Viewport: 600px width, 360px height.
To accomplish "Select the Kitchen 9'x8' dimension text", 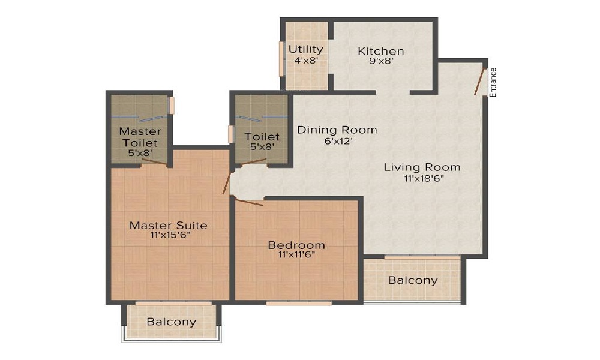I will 380,61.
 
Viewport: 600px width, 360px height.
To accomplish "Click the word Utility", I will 305,49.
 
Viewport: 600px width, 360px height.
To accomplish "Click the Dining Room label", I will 337,130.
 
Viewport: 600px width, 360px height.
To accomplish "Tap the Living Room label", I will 422,167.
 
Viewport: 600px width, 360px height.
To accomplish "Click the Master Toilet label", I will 140,137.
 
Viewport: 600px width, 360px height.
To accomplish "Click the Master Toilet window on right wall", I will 171,105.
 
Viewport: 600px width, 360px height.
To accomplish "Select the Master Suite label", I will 169,226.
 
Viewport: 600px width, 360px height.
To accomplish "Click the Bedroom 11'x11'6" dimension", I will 296,254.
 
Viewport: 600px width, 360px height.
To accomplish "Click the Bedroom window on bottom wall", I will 299,303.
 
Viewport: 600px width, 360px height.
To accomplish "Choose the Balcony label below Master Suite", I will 172,322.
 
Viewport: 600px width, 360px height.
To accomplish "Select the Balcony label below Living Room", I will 412,280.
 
